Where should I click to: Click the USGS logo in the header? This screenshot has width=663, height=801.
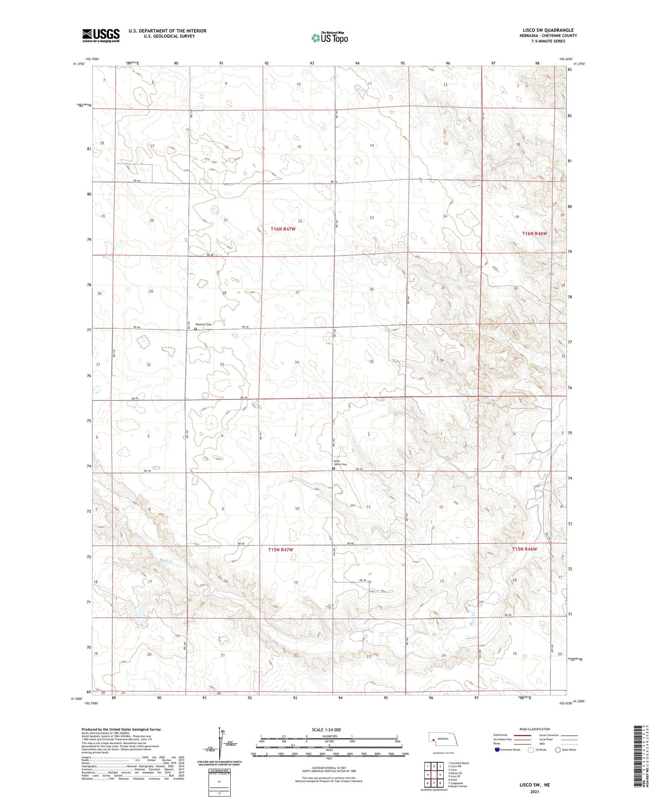101,35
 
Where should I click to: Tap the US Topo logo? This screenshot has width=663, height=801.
329,38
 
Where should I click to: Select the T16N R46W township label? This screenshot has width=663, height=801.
537,233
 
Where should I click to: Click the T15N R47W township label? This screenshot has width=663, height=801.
281,550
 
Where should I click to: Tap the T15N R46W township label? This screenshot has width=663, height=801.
525,549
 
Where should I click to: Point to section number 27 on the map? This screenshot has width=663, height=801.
298,292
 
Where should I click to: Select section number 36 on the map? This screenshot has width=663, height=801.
442,361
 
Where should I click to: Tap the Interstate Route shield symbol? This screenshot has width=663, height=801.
497,750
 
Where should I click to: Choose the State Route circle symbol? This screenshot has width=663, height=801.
558,750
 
